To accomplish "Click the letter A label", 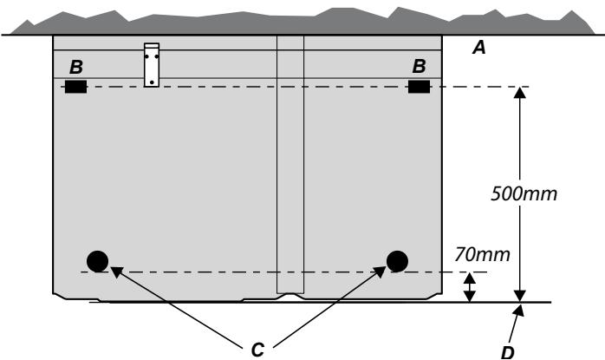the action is coord(478,48).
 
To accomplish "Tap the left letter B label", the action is coord(76,67).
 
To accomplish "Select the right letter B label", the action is coord(419,66).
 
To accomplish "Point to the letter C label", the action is coord(257,350).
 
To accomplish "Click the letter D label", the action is coord(507,353).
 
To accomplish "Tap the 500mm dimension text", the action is coord(524,193).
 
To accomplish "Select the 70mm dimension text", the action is coord(482,254).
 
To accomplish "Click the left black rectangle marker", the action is coord(75,87).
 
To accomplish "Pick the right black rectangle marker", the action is coord(419,87).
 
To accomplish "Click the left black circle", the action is coord(97,261).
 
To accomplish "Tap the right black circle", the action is coord(398,261).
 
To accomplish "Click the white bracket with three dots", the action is coord(152,65).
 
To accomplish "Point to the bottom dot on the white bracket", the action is coord(152,82).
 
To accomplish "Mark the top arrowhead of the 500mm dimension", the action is coord(520,93).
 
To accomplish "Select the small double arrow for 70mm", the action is coord(469,287).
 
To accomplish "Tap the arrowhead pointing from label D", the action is coord(519,311).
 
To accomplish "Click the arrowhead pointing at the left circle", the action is coord(116,271).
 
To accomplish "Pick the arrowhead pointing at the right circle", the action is coord(380,272).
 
